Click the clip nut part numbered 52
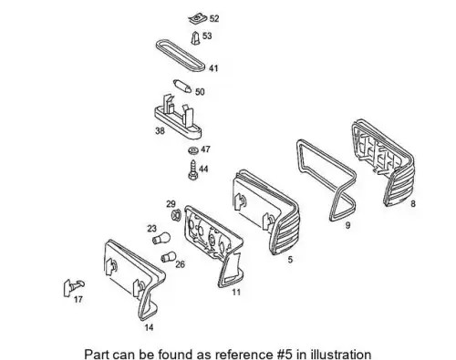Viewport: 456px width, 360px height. coord(198,19)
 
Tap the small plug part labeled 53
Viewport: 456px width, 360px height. coord(196,37)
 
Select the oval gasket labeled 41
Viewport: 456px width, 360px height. coord(181,56)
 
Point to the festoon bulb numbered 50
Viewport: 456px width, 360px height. coord(182,86)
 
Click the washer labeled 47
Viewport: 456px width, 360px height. coord(192,150)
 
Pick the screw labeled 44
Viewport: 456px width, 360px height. coord(192,170)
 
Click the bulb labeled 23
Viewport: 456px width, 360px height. coord(161,239)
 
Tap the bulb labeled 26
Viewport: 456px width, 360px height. coord(168,257)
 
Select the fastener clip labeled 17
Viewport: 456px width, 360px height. coord(74,286)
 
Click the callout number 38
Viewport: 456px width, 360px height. coord(160,130)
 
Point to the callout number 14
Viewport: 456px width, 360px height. coord(149,327)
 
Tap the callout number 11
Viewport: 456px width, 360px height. coord(236,293)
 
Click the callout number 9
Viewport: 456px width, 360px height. coord(347,225)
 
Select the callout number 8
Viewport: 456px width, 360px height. coord(413,203)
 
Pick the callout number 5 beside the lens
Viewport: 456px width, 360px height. coord(290,260)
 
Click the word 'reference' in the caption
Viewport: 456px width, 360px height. coord(244,355)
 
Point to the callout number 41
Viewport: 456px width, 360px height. coord(213,68)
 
